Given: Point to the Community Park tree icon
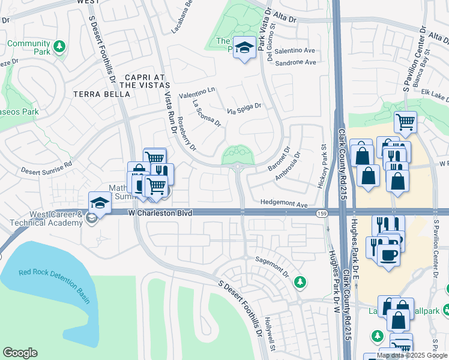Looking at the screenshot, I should tap(59, 46).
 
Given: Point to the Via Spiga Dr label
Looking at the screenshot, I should tap(244, 108).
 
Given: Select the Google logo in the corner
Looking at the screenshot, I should tap(20, 353).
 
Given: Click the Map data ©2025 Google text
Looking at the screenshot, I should tap(412, 355).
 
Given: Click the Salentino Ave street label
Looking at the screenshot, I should tap(294, 51).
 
